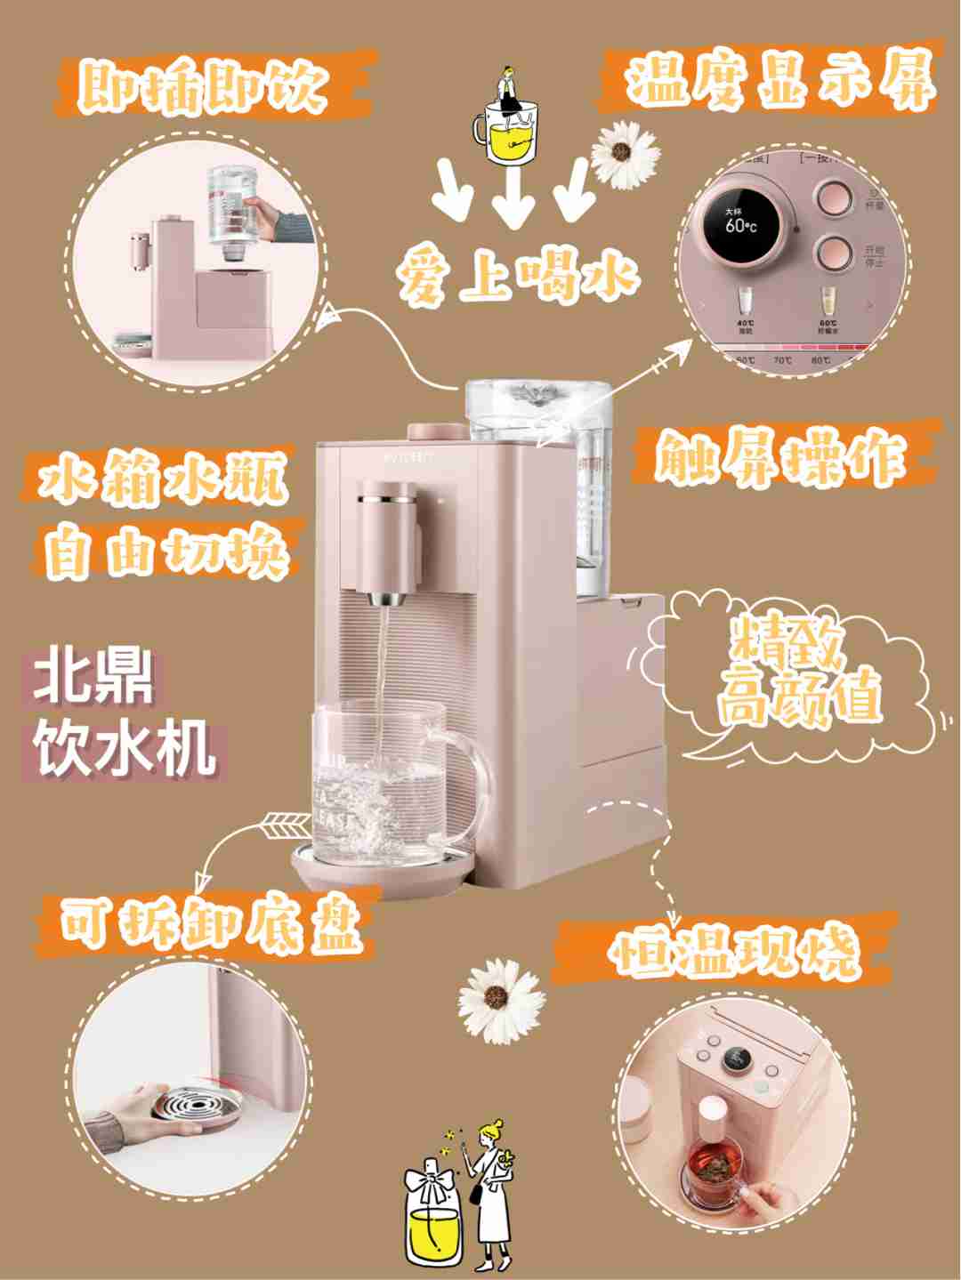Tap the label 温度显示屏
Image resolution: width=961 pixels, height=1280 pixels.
pos(780,79)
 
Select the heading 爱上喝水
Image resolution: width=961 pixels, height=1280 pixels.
pos(518,275)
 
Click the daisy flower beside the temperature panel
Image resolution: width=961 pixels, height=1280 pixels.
pos(626,153)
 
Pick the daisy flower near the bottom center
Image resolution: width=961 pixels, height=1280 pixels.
pos(499,1001)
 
